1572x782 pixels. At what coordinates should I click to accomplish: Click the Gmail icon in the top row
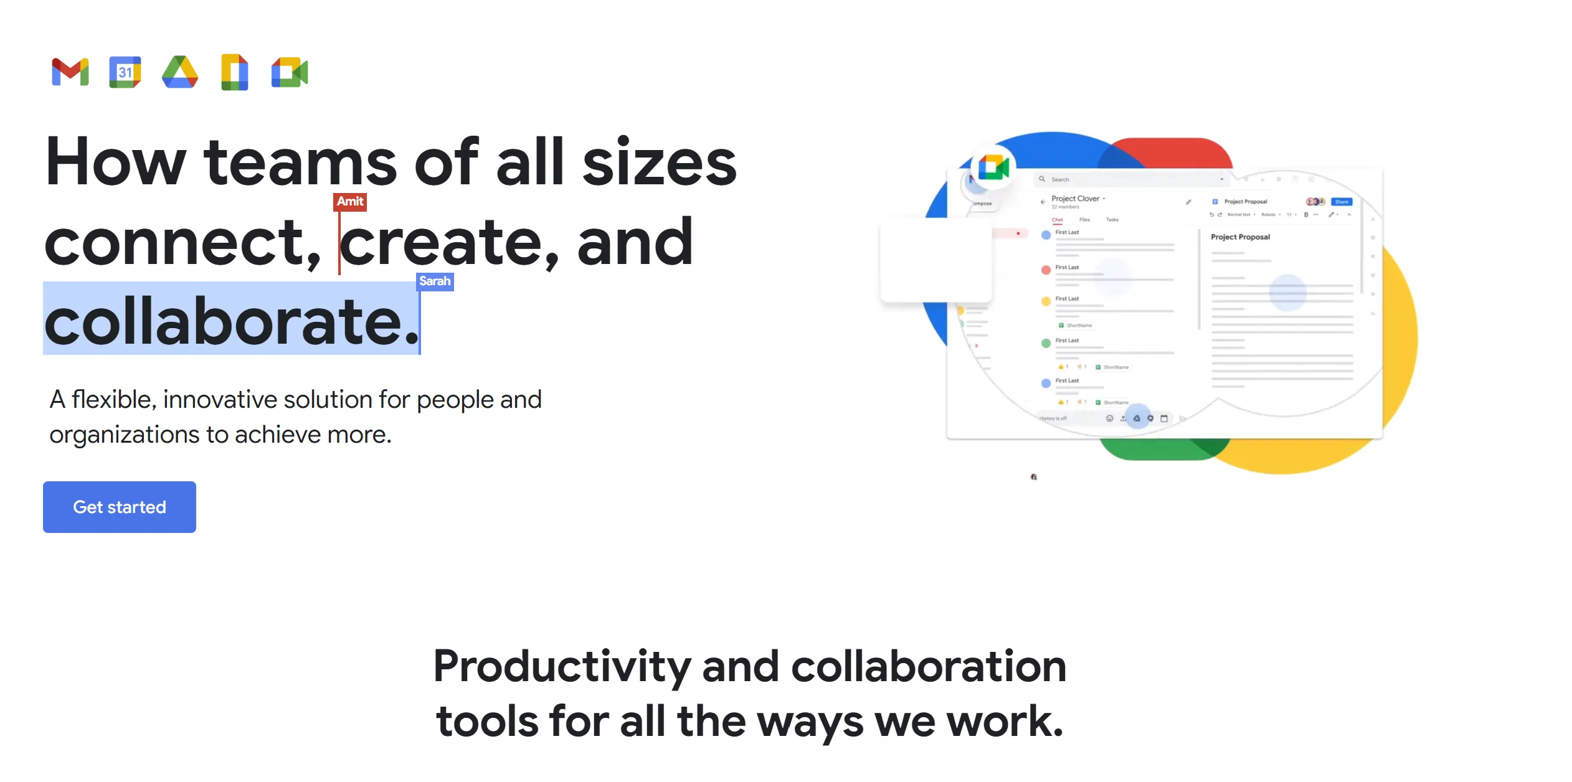click(70, 72)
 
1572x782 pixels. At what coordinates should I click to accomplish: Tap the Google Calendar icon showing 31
click(125, 72)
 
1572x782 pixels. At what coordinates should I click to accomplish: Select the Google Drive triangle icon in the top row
click(180, 72)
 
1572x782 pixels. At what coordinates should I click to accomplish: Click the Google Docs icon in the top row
click(235, 72)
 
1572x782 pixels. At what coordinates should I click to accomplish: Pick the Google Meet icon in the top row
click(290, 72)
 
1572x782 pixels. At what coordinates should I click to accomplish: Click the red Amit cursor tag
click(350, 202)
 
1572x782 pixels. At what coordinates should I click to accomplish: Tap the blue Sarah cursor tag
click(435, 281)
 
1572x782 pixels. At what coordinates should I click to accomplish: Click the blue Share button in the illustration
click(1342, 202)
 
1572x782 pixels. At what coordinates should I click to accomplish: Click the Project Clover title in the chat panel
click(1076, 199)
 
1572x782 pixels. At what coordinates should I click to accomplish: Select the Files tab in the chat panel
click(1084, 220)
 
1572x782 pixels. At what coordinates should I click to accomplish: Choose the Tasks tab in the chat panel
click(1112, 220)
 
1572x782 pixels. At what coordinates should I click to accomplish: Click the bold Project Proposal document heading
click(1240, 237)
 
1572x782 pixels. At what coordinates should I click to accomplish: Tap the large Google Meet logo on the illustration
click(993, 167)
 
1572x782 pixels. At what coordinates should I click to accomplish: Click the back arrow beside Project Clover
click(1043, 202)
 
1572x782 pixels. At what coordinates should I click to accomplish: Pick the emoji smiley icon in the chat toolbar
click(1109, 418)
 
